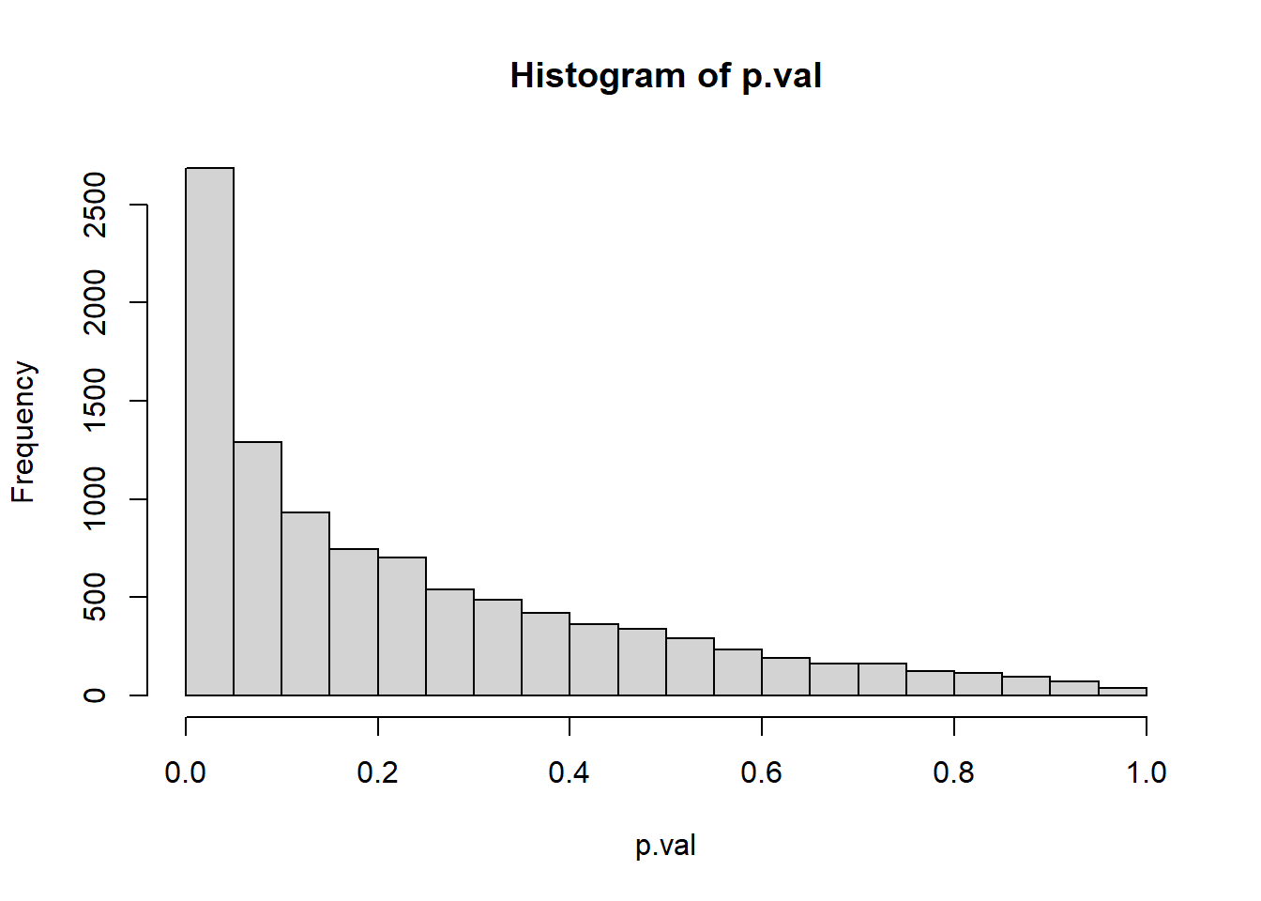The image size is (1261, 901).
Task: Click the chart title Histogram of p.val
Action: click(x=665, y=75)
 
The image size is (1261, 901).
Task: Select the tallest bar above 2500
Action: click(x=210, y=432)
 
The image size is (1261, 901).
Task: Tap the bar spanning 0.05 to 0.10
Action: click(x=258, y=568)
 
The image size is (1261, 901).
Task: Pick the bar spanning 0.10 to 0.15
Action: click(x=306, y=603)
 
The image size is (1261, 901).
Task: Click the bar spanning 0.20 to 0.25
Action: click(x=403, y=626)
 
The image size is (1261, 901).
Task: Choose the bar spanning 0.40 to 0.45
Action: click(x=594, y=659)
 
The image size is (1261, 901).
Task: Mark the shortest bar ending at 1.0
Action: click(x=1122, y=692)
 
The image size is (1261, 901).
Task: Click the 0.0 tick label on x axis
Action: click(x=186, y=772)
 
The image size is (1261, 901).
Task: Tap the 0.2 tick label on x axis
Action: click(x=378, y=772)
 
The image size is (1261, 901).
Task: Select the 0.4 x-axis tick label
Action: click(x=570, y=772)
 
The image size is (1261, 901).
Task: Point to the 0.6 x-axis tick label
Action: click(x=762, y=772)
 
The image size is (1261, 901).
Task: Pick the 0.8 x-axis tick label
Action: click(x=954, y=772)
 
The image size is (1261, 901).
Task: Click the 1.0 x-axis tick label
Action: click(x=1146, y=772)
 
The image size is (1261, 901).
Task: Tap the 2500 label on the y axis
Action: click(x=95, y=205)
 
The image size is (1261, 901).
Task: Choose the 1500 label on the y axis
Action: click(x=95, y=401)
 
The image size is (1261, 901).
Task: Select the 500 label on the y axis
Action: click(x=95, y=597)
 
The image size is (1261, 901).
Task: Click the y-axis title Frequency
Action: click(x=23, y=432)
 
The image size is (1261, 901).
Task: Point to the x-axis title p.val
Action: click(x=665, y=846)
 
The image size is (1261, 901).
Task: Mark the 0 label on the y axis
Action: click(x=95, y=695)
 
